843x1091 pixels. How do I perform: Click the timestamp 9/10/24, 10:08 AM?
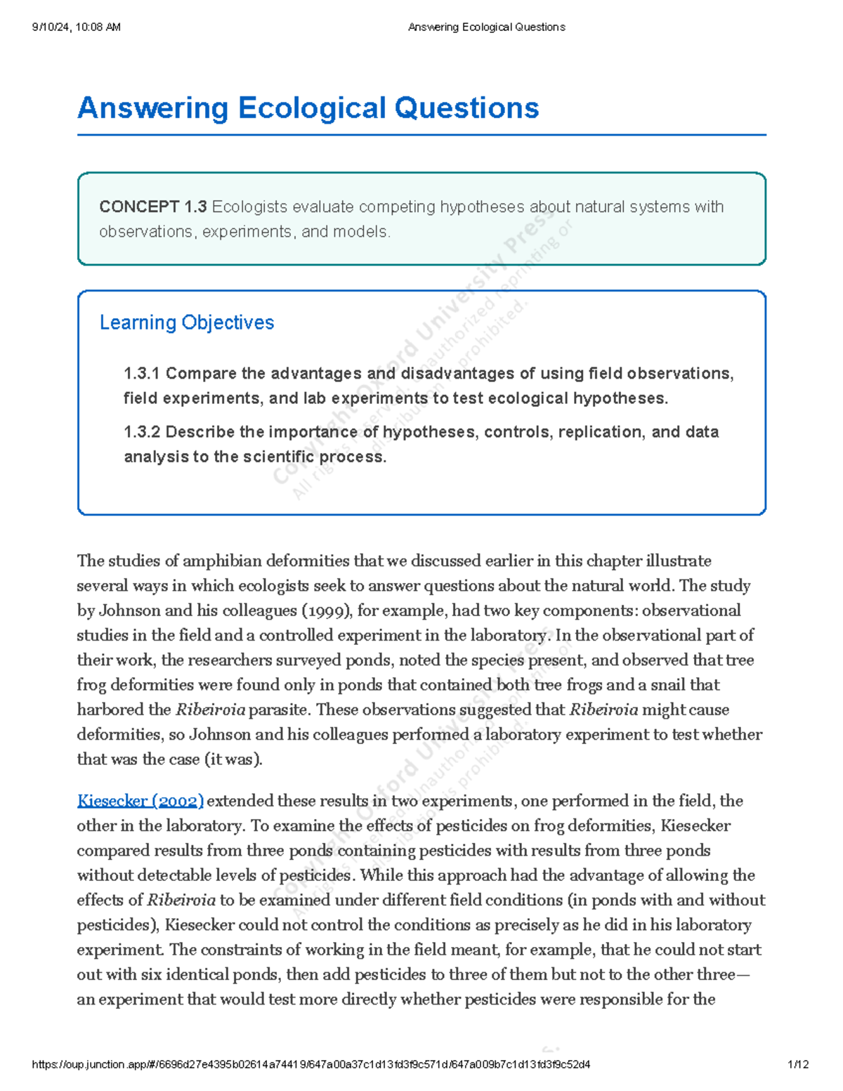tap(76, 27)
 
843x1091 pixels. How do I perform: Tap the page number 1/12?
tap(799, 1064)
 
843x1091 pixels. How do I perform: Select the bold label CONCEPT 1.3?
tap(152, 207)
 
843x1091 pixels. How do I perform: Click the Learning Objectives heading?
tap(186, 322)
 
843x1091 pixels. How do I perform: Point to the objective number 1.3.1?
tap(142, 374)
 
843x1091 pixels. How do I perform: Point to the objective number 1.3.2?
tap(142, 432)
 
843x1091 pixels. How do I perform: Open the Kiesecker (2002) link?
tap(140, 801)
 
